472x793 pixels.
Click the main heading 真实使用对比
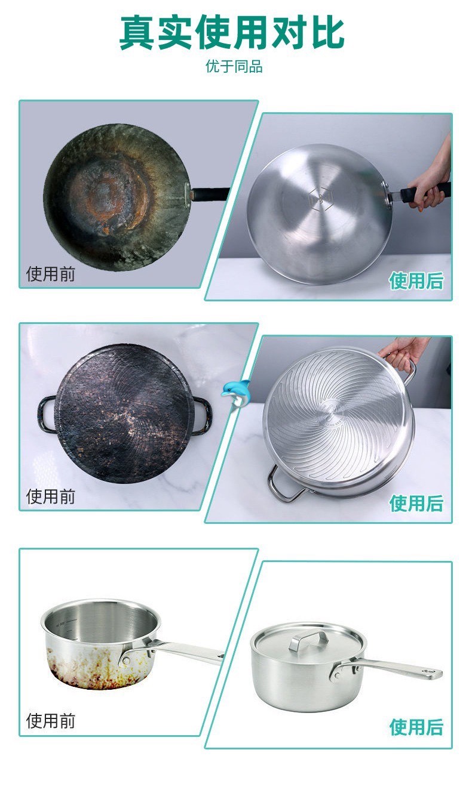click(x=232, y=33)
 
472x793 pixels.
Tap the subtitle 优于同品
click(x=234, y=66)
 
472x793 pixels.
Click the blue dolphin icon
click(x=235, y=394)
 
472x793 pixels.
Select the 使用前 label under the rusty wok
click(x=51, y=274)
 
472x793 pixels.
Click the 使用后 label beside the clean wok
click(x=416, y=281)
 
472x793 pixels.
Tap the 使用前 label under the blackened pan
click(x=51, y=496)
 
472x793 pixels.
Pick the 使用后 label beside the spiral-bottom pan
click(x=416, y=503)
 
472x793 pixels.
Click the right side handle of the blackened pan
click(x=202, y=416)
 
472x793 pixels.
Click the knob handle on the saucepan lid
click(x=308, y=640)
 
